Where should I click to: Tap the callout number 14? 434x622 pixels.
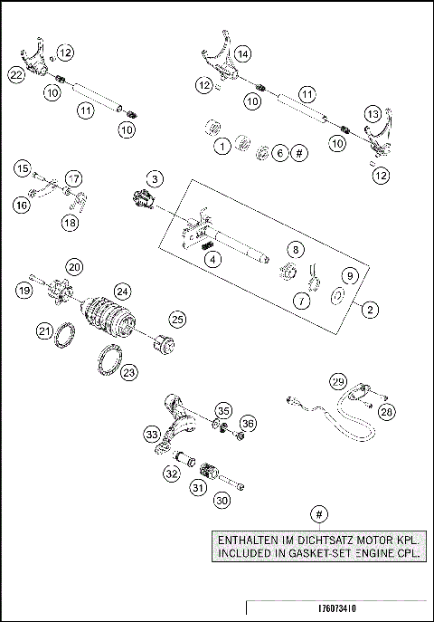pos(241,55)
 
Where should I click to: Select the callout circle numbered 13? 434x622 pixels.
pos(373,114)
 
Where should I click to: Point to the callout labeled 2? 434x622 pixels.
pos(369,310)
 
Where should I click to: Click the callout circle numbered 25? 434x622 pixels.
pos(177,319)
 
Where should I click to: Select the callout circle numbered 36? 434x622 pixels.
pos(248,423)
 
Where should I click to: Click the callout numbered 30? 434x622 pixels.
pos(221,499)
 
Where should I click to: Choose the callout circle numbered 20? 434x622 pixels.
pos(74,266)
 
